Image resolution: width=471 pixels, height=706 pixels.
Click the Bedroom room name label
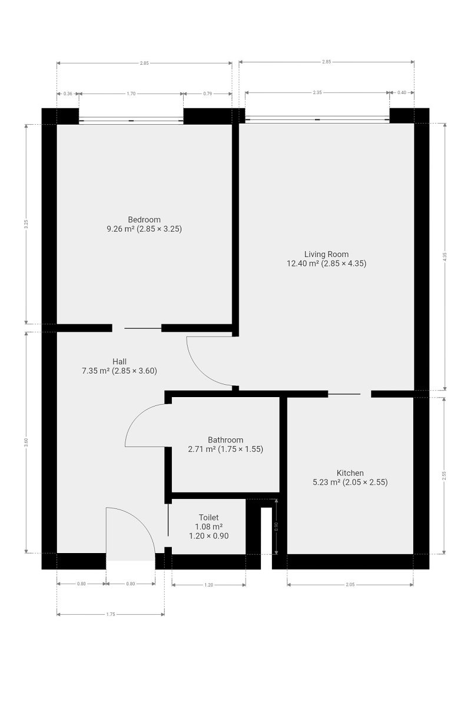144,219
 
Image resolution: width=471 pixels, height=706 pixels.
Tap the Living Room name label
327,254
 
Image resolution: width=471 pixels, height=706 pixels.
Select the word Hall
120,361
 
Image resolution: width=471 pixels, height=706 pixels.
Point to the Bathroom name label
225,439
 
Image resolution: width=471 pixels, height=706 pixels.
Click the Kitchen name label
350,473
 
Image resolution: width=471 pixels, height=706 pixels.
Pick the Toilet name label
209,517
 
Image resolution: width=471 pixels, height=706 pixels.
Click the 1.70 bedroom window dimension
131,94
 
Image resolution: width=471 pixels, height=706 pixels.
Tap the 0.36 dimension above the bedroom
68,94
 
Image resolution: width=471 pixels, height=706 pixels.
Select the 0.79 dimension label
208,94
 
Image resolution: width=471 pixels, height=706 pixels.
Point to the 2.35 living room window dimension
317,93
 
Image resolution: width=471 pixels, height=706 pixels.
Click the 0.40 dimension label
402,93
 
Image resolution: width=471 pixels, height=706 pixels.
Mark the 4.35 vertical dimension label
445,257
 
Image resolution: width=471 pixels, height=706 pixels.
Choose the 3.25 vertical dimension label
26,224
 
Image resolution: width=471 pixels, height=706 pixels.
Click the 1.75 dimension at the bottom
111,614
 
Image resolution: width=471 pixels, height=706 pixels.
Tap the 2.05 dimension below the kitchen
350,585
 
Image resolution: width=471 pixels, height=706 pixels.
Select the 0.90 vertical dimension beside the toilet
276,527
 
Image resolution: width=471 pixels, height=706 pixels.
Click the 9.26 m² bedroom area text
121,229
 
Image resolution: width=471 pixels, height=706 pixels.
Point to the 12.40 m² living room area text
303,264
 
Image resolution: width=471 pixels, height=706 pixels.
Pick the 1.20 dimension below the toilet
209,585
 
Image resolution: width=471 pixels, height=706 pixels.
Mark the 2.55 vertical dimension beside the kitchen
444,475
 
